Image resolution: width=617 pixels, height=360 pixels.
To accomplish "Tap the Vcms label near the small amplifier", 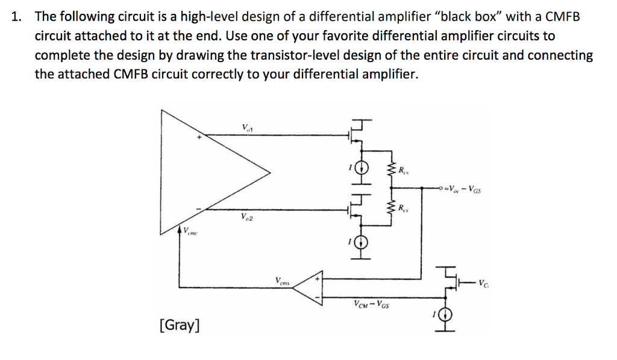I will click(283, 280).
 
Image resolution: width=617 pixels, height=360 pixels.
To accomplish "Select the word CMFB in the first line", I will click(561, 17).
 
